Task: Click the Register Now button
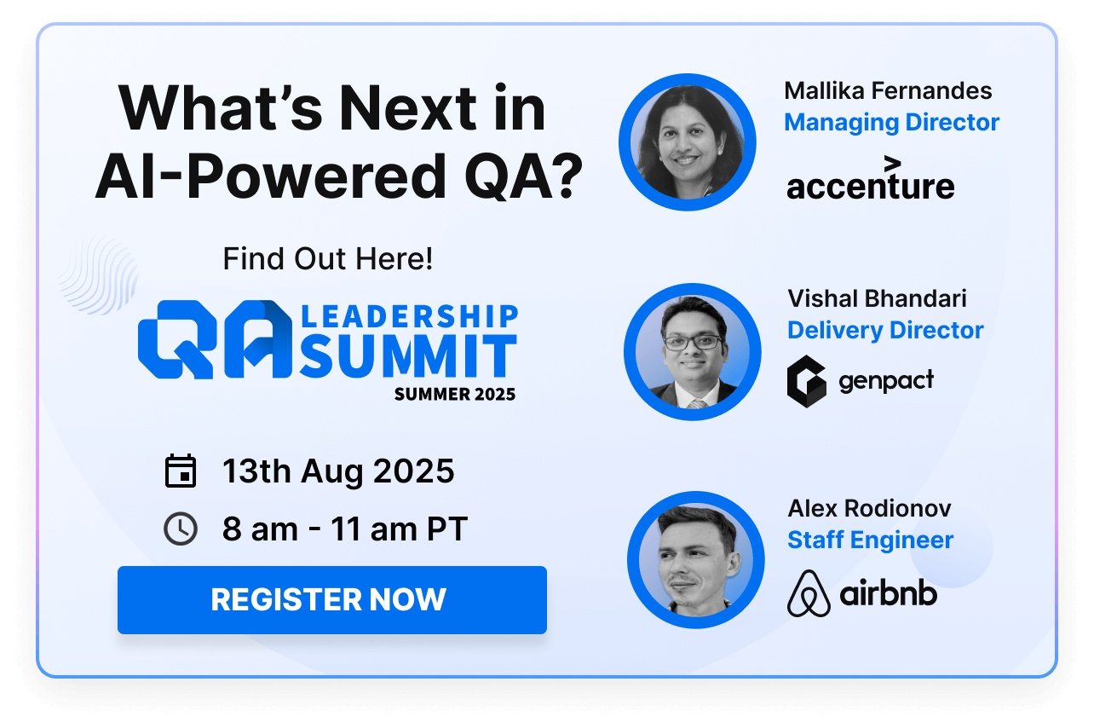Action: [332, 600]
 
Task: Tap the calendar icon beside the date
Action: [181, 471]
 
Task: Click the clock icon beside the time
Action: [181, 529]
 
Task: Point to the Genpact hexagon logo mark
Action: [807, 381]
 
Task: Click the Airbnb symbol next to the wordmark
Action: [809, 593]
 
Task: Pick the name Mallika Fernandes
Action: [888, 91]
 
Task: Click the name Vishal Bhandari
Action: [877, 298]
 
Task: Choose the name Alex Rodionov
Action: [869, 508]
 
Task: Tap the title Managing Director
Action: [892, 123]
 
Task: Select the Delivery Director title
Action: [885, 330]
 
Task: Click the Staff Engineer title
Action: [870, 540]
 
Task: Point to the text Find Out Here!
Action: [328, 258]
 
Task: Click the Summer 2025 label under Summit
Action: [455, 395]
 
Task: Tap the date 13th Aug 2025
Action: [338, 471]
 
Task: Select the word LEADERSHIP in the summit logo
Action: [409, 316]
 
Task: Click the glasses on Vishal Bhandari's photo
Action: [693, 342]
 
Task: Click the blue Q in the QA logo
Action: [178, 339]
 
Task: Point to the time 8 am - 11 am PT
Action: [345, 529]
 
